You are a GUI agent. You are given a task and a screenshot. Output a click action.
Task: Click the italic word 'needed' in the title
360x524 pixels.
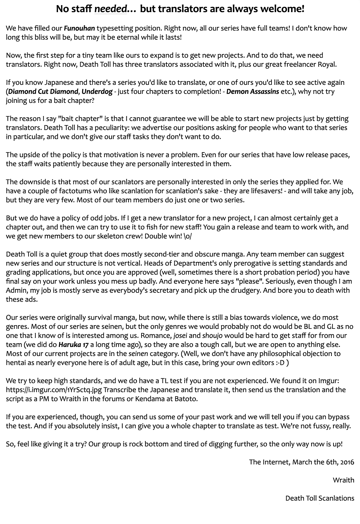click(x=110, y=9)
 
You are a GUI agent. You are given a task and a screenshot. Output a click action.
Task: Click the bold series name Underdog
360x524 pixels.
click(x=97, y=91)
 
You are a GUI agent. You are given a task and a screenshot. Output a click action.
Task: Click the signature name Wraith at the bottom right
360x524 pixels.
click(x=343, y=480)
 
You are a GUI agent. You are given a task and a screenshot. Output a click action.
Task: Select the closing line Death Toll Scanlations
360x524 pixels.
click(x=320, y=498)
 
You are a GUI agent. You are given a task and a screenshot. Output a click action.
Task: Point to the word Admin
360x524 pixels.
click(x=15, y=290)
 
